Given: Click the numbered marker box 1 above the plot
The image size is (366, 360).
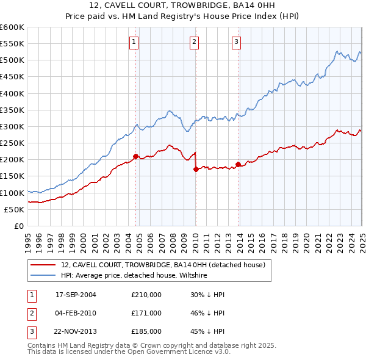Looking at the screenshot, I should coord(134,42).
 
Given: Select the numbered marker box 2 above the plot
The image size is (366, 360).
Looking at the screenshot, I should coord(193,42).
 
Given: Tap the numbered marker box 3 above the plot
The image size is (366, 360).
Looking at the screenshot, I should coord(236,42).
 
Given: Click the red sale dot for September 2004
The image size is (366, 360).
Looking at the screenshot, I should coord(135,156).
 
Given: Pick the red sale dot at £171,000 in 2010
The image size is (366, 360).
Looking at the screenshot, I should coord(196,170).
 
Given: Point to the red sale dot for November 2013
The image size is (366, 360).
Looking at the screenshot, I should coord(238,165).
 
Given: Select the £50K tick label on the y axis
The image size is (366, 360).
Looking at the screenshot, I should coord(14,209).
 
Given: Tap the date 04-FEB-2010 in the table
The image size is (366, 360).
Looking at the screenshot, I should coord(76,313).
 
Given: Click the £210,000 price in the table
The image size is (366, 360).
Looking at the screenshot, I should coord(146,295).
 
